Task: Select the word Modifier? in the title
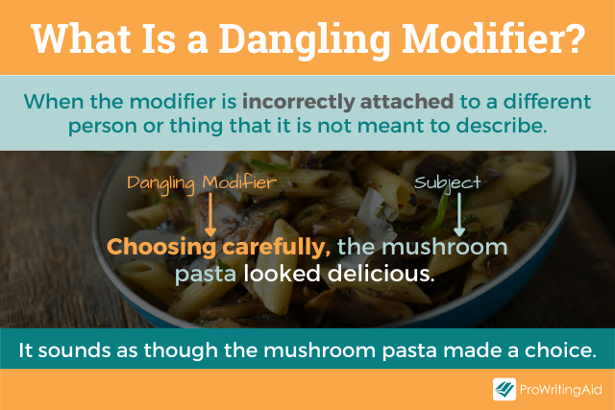click(x=500, y=38)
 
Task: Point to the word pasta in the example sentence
click(x=205, y=275)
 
